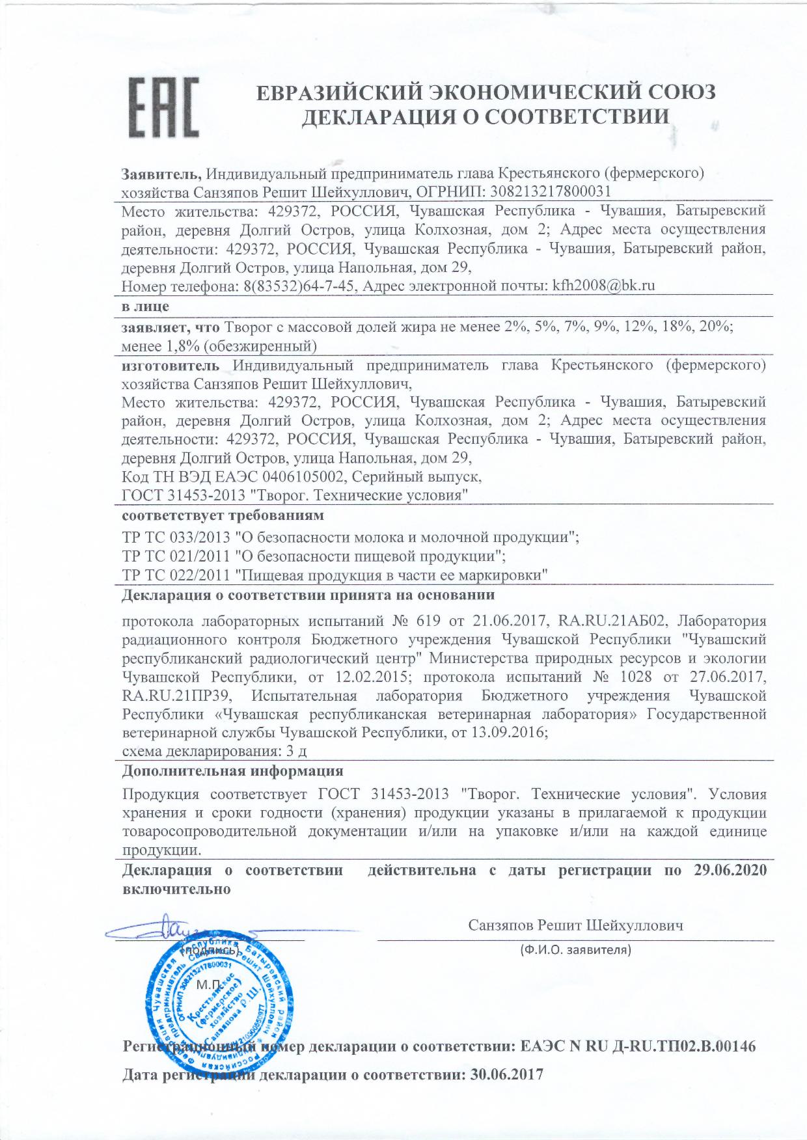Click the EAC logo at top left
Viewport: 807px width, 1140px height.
163,107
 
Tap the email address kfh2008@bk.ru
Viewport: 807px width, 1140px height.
603,285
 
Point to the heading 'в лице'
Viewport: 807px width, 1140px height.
146,306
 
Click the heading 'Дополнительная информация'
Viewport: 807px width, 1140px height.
233,771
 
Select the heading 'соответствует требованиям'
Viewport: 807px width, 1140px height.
223,516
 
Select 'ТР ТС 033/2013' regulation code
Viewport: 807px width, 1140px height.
176,537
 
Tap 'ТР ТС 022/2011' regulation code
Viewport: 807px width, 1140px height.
176,575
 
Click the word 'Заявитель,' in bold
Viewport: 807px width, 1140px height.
163,174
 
